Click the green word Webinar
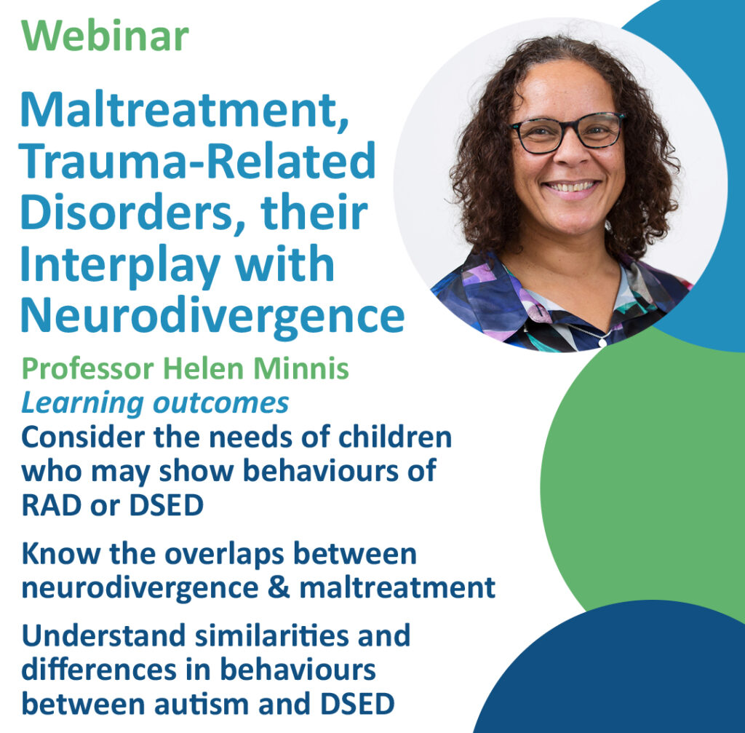pyautogui.click(x=105, y=36)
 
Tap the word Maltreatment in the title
pyautogui.click(x=185, y=111)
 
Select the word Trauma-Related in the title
pyautogui.click(x=198, y=161)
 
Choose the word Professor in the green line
pyautogui.click(x=88, y=369)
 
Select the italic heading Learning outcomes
pyautogui.click(x=155, y=403)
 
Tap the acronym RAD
pyautogui.click(x=52, y=505)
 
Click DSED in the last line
pyautogui.click(x=358, y=704)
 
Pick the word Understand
pyautogui.click(x=103, y=635)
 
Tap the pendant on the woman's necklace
pyautogui.click(x=602, y=341)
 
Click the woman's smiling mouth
pyautogui.click(x=571, y=188)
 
